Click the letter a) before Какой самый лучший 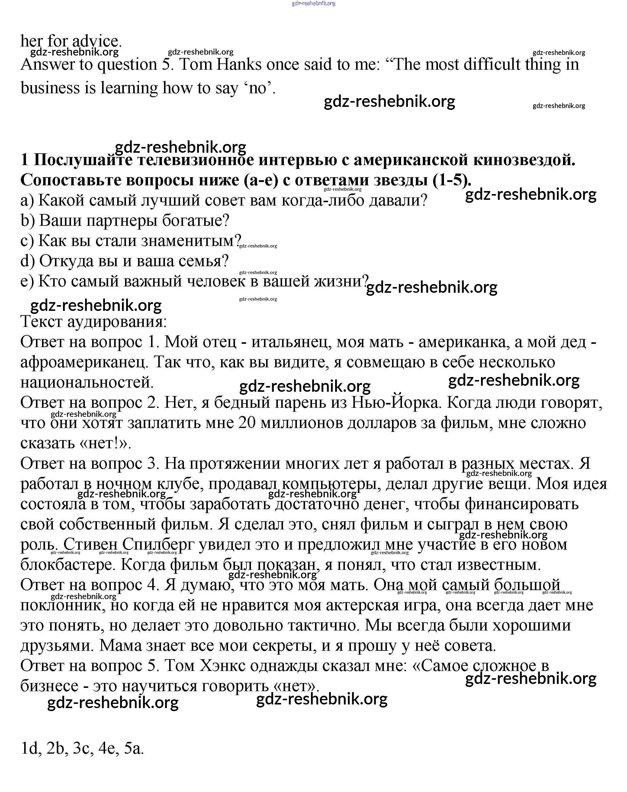click(27, 201)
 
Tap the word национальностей click(87, 383)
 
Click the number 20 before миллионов click(247, 423)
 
